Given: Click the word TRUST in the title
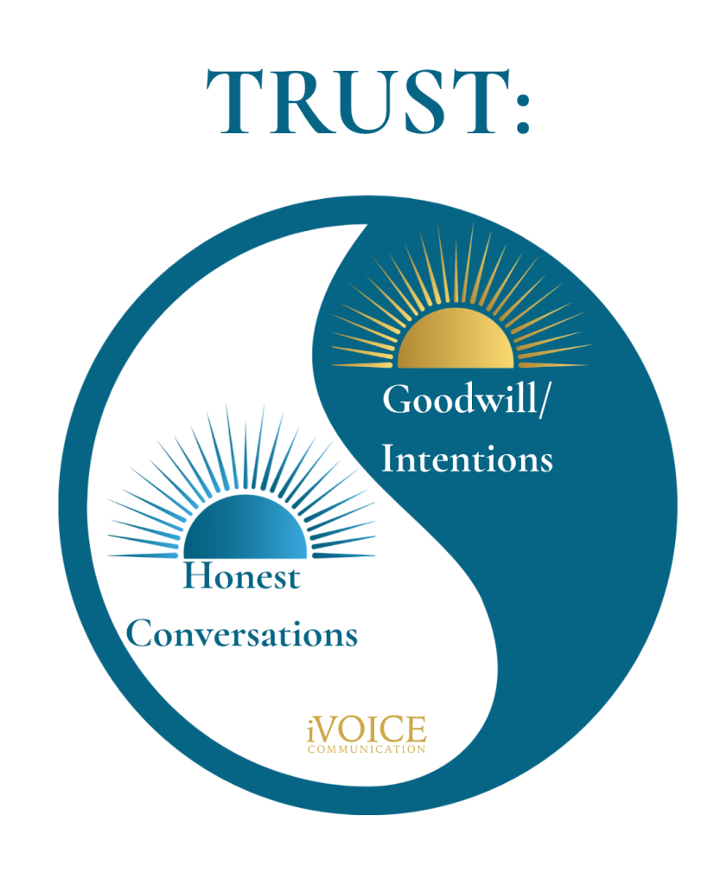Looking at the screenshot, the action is tap(358, 102).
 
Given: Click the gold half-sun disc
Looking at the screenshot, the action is tap(456, 338).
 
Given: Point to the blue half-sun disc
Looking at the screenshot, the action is tap(245, 527).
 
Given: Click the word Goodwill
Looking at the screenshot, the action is tap(460, 399).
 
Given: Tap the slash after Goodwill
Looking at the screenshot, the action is tap(543, 401).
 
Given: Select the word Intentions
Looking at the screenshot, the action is tap(467, 459).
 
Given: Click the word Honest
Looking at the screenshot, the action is tap(242, 576).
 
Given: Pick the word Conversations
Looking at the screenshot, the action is tap(242, 633).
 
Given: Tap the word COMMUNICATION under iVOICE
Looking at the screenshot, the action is tap(367, 749).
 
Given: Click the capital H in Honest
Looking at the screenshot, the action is tap(198, 576).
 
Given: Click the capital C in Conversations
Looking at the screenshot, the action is tap(139, 633).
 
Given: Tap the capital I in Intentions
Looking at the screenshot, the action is tap(390, 459).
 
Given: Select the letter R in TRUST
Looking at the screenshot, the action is tap(296, 102).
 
